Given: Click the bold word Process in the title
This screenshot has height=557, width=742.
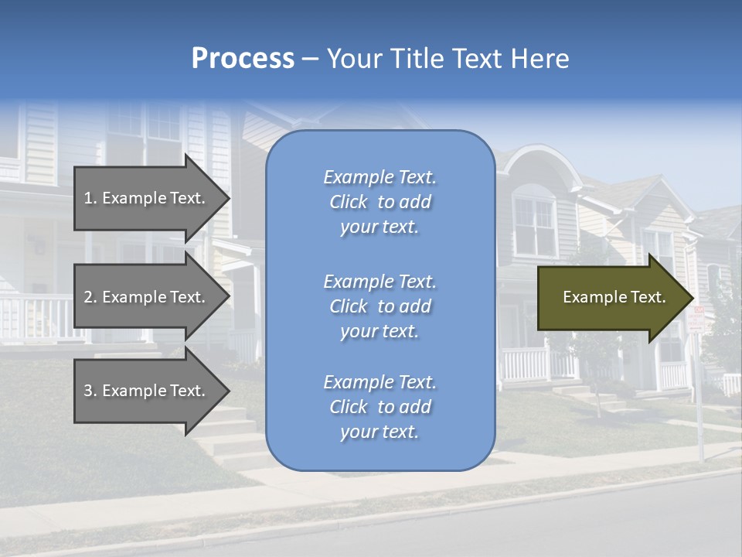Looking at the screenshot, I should [x=243, y=58].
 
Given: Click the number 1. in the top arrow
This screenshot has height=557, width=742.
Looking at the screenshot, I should [x=90, y=198].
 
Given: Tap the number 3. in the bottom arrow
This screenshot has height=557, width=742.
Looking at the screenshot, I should [x=90, y=391].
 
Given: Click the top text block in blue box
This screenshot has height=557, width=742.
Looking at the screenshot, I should [x=380, y=202].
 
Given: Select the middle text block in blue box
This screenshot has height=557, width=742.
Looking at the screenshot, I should [x=380, y=306].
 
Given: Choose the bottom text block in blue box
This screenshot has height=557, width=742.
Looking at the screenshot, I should [x=380, y=407].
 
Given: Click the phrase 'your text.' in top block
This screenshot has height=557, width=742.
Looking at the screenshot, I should [x=380, y=227].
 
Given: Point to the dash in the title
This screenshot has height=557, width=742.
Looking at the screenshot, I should [x=310, y=59].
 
